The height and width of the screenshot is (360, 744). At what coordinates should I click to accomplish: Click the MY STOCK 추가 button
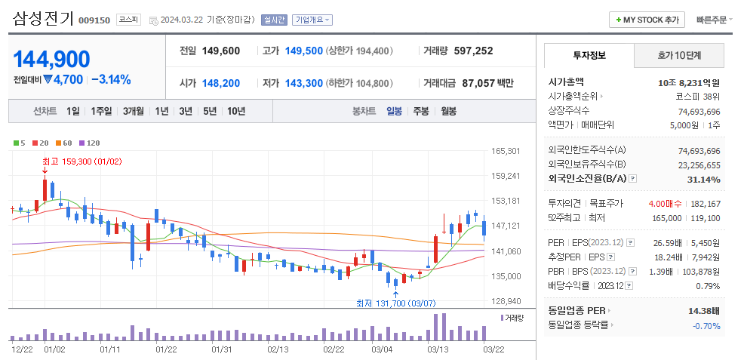[647, 20]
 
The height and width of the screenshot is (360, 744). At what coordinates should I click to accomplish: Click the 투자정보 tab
[589, 55]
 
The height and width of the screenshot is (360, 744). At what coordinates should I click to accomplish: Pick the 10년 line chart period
[235, 111]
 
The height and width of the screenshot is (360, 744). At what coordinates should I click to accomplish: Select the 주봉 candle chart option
[420, 111]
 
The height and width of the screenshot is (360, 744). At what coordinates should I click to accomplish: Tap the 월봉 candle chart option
[448, 111]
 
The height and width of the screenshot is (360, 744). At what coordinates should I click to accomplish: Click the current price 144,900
[51, 59]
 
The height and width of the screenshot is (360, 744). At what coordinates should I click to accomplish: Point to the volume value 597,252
[473, 51]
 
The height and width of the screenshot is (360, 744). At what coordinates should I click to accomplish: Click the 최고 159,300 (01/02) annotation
[82, 161]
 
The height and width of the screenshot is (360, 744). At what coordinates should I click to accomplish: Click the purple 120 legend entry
[90, 143]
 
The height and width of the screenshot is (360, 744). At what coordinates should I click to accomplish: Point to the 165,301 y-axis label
[505, 151]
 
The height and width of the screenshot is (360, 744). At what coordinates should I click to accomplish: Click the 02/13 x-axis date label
[278, 349]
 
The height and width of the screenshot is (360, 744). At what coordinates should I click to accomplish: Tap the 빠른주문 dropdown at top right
[714, 20]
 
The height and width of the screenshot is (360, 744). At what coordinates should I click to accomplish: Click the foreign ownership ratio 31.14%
[703, 179]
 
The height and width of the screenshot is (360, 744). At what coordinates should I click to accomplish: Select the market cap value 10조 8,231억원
[688, 82]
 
